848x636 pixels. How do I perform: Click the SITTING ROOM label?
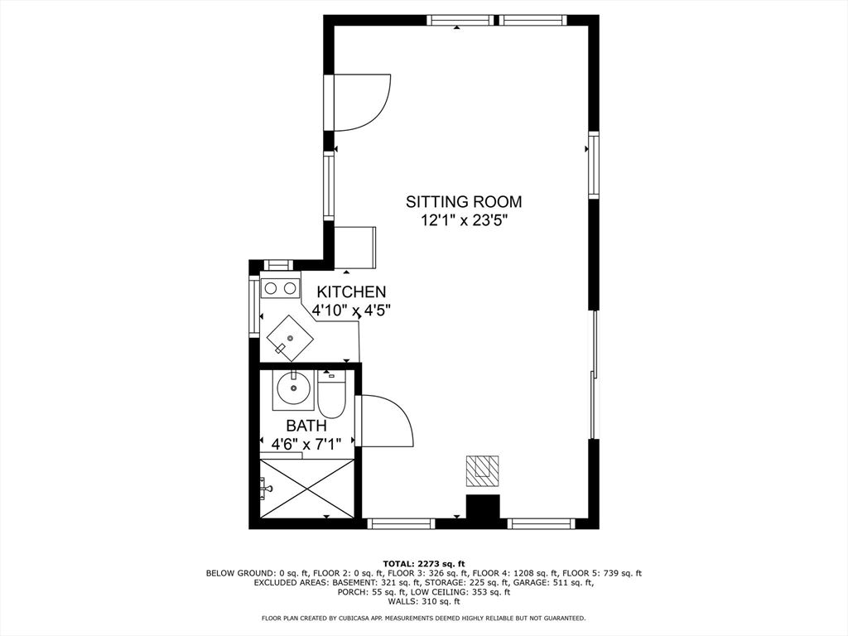click(464, 202)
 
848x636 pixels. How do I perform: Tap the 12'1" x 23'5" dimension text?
click(464, 220)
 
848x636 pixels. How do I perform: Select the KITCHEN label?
click(351, 292)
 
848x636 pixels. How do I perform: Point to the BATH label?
click(306, 426)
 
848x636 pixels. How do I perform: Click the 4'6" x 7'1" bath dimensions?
click(306, 445)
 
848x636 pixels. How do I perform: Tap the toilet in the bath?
click(331, 394)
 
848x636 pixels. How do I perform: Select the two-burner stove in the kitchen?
click(280, 288)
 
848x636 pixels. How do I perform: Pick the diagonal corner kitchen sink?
click(291, 339)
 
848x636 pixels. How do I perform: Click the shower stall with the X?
click(306, 489)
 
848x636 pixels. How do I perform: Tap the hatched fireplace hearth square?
click(483, 470)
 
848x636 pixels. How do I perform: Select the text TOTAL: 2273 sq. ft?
click(424, 563)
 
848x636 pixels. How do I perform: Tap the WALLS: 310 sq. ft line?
click(424, 601)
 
